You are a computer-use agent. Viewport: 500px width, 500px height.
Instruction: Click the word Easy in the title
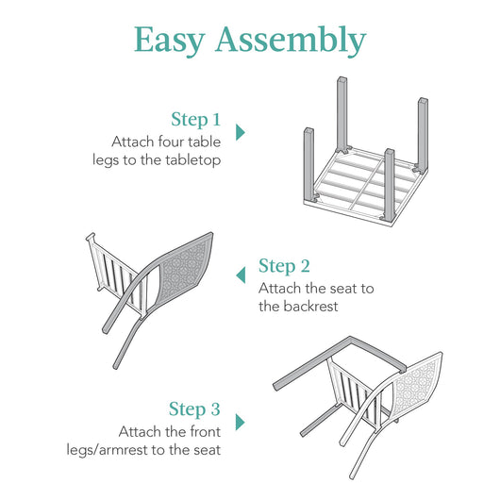tap(170, 40)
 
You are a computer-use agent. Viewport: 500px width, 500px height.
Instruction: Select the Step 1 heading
tap(195, 120)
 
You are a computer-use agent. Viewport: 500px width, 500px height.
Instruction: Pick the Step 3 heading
tap(194, 409)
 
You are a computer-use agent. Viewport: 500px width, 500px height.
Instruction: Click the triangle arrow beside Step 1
tap(240, 132)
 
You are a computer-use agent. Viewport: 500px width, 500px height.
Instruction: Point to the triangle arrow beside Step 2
tap(241, 274)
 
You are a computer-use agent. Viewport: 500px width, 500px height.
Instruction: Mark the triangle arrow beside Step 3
tap(240, 422)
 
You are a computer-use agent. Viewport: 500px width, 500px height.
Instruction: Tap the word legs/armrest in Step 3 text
tap(137, 450)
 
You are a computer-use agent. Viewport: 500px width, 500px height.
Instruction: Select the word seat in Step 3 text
tap(204, 450)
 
